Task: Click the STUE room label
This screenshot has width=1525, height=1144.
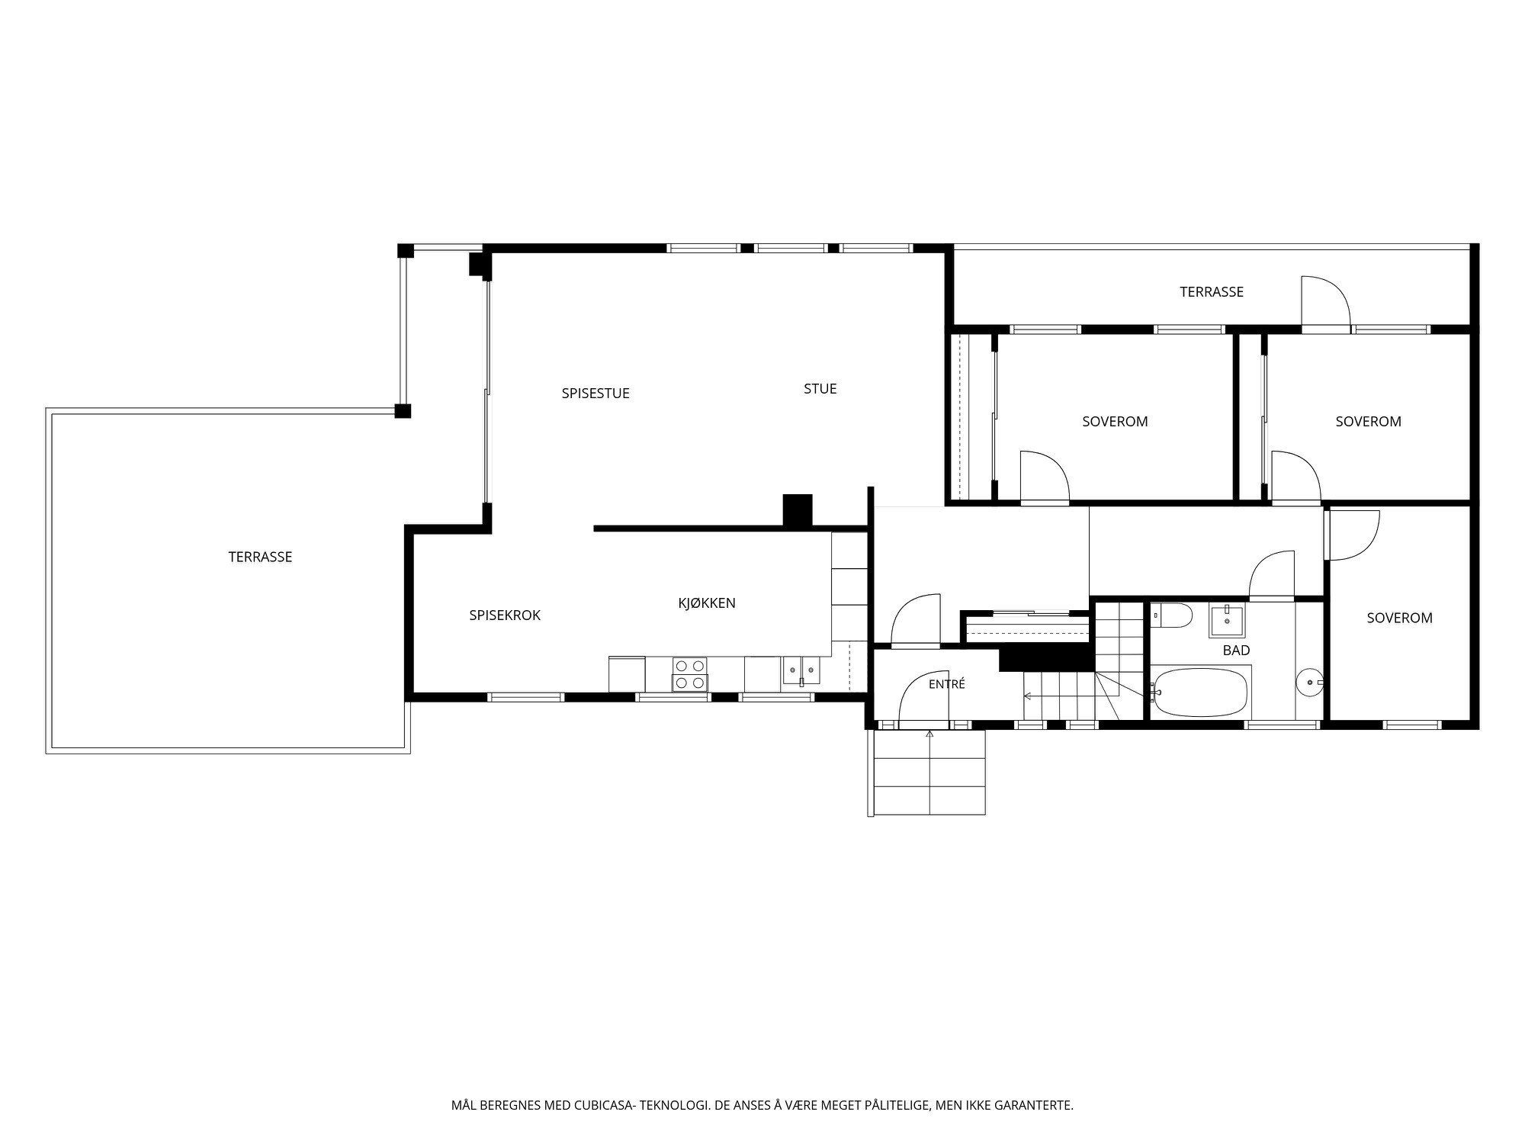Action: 820,389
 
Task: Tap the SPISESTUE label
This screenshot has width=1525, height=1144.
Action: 596,394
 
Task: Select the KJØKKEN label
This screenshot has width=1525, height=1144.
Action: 707,603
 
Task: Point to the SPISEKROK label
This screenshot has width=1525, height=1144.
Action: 505,615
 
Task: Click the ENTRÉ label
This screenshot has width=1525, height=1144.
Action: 947,684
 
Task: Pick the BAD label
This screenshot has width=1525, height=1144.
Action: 1236,651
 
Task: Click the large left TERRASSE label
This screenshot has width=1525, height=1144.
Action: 260,557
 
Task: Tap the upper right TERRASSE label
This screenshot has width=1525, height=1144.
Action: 1212,291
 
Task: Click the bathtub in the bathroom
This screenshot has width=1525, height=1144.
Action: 1199,693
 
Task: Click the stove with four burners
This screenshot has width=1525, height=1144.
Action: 689,674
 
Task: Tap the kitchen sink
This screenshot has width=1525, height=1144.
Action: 801,670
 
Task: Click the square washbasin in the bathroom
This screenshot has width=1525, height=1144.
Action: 1227,620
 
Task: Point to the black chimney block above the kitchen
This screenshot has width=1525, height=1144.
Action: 798,510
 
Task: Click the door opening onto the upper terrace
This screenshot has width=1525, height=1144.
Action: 1326,304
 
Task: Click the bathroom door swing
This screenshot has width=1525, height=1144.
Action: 1272,576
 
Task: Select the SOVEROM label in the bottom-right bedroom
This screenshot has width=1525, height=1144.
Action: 1399,618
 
